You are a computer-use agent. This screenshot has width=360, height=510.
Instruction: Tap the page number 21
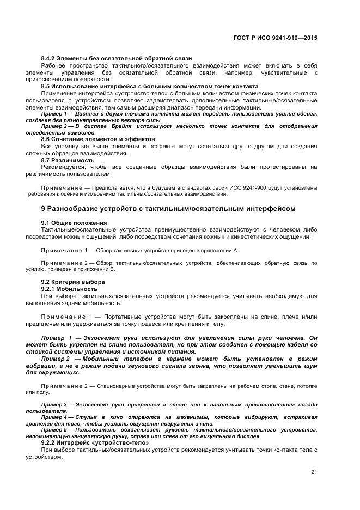pyautogui.click(x=314, y=472)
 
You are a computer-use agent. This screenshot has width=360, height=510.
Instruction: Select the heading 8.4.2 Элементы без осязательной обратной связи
pyautogui.click(x=116, y=58)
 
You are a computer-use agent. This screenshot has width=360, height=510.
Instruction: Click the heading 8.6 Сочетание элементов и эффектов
pyautogui.click(x=98, y=139)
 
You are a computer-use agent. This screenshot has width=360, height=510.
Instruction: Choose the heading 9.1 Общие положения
pyautogui.click(x=74, y=223)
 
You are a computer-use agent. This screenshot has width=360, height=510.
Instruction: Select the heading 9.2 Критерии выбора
pyautogui.click(x=74, y=282)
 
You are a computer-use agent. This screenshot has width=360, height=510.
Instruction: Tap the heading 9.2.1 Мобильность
pyautogui.click(x=69, y=288)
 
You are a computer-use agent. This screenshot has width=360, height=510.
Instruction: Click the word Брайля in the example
pyautogui.click(x=127, y=126)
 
